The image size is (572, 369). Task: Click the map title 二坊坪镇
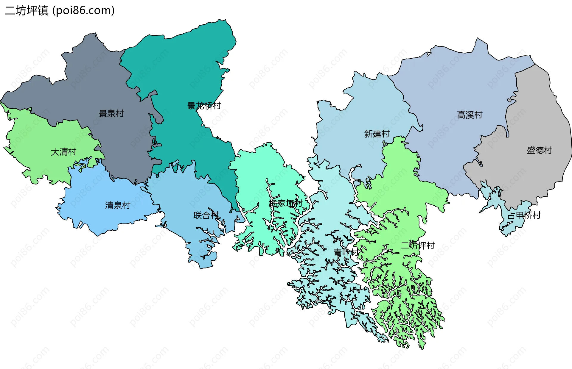pyautogui.click(x=27, y=11)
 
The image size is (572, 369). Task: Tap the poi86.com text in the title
pyautogui.click(x=83, y=11)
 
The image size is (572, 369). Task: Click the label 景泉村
pyautogui.click(x=111, y=113)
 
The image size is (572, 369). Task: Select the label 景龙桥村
pyautogui.click(x=204, y=106)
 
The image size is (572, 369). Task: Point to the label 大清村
pyautogui.click(x=63, y=152)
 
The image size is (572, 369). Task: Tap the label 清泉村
pyautogui.click(x=117, y=205)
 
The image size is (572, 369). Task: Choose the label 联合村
pyautogui.click(x=206, y=215)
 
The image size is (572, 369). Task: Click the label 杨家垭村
pyautogui.click(x=285, y=203)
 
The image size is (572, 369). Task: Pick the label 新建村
pyautogui.click(x=377, y=134)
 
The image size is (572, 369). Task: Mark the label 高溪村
pyautogui.click(x=470, y=115)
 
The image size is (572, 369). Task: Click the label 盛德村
pyautogui.click(x=539, y=150)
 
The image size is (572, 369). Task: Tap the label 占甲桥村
pyautogui.click(x=524, y=215)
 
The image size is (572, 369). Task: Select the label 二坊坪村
pyautogui.click(x=417, y=246)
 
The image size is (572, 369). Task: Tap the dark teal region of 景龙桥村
pyautogui.click(x=179, y=74)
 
